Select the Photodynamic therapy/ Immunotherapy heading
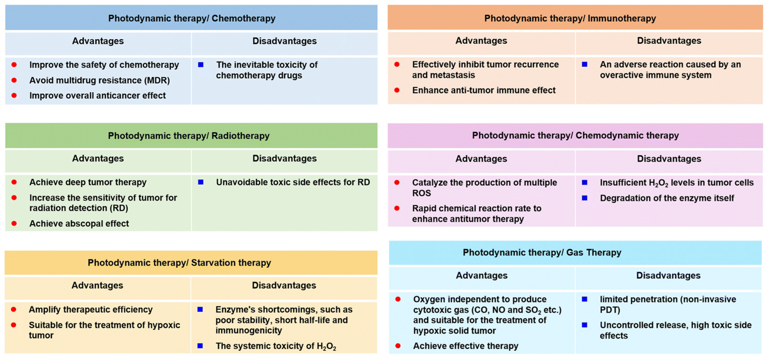pos(570,18)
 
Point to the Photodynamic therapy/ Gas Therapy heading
pos(542,252)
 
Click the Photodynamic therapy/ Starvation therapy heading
pos(179,263)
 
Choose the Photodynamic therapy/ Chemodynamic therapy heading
pos(575,136)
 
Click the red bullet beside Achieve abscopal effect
pos(14,223)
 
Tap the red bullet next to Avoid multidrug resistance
pos(14,80)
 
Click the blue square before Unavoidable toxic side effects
pos(201,182)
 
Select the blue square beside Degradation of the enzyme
pos(584,198)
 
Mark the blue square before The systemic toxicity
pos(200,346)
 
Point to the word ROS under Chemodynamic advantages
pos(421,193)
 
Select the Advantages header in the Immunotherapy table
pos(481,41)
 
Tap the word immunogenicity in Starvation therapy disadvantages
pos(249,330)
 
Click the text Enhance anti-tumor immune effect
pos(484,90)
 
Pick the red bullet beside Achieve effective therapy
pos(398,346)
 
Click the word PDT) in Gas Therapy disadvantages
pos(610,310)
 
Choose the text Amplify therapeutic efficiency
pos(91,309)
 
